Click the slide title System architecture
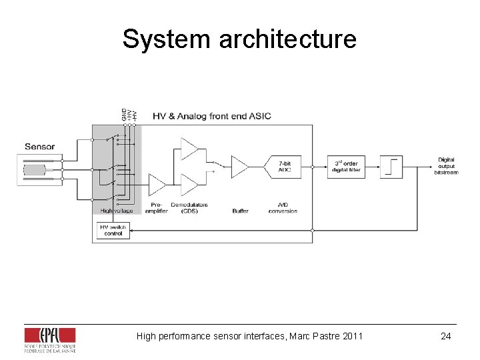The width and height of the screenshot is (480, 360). click(x=239, y=39)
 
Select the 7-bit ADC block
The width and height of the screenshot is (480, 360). click(x=285, y=167)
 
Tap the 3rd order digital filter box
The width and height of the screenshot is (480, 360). click(x=345, y=166)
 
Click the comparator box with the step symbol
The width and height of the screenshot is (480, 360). click(x=391, y=166)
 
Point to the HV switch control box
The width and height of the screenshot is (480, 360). click(x=113, y=230)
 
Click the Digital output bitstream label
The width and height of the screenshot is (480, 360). click(x=446, y=166)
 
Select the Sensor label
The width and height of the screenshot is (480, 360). click(x=39, y=147)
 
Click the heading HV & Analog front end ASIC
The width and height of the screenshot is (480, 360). click(x=212, y=116)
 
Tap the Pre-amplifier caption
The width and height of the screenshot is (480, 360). click(x=157, y=208)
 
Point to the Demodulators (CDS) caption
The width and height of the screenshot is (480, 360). click(x=189, y=208)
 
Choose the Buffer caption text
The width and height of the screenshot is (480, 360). click(x=240, y=211)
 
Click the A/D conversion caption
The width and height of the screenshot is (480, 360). click(x=283, y=208)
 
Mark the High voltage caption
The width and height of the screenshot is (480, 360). click(x=117, y=211)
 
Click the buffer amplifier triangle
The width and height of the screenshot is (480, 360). click(x=239, y=167)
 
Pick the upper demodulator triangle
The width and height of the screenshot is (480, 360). click(x=189, y=148)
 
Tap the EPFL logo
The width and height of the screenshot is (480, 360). click(x=49, y=339)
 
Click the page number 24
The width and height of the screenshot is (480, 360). click(x=446, y=336)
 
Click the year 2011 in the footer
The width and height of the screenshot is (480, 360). click(x=352, y=336)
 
